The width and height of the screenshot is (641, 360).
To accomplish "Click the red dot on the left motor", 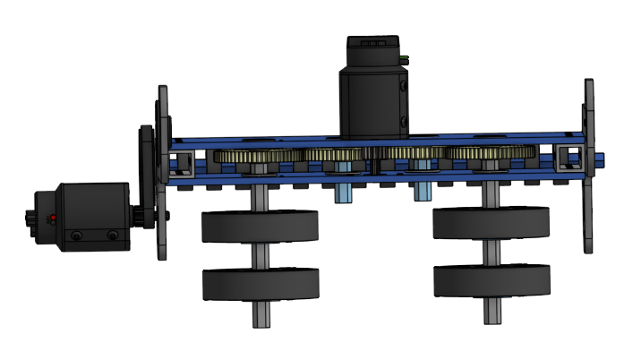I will click(54, 219).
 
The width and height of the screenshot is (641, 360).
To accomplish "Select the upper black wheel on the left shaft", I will click(260, 227).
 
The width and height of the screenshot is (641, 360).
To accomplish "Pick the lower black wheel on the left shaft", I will click(260, 284).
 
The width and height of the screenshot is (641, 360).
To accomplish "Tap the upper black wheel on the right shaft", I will click(491, 222).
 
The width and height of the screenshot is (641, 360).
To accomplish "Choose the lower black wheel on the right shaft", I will click(491, 280).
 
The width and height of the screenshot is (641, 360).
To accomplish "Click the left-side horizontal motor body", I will click(94, 215).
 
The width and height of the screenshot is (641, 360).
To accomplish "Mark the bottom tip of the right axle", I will click(491, 313).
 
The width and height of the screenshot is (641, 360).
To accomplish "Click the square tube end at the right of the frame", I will click(567, 159).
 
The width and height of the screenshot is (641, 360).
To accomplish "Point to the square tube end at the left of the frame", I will click(182, 163).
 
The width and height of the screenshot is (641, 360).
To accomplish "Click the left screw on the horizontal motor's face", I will click(78, 236).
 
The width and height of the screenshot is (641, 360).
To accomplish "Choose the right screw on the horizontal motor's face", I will click(112, 236).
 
